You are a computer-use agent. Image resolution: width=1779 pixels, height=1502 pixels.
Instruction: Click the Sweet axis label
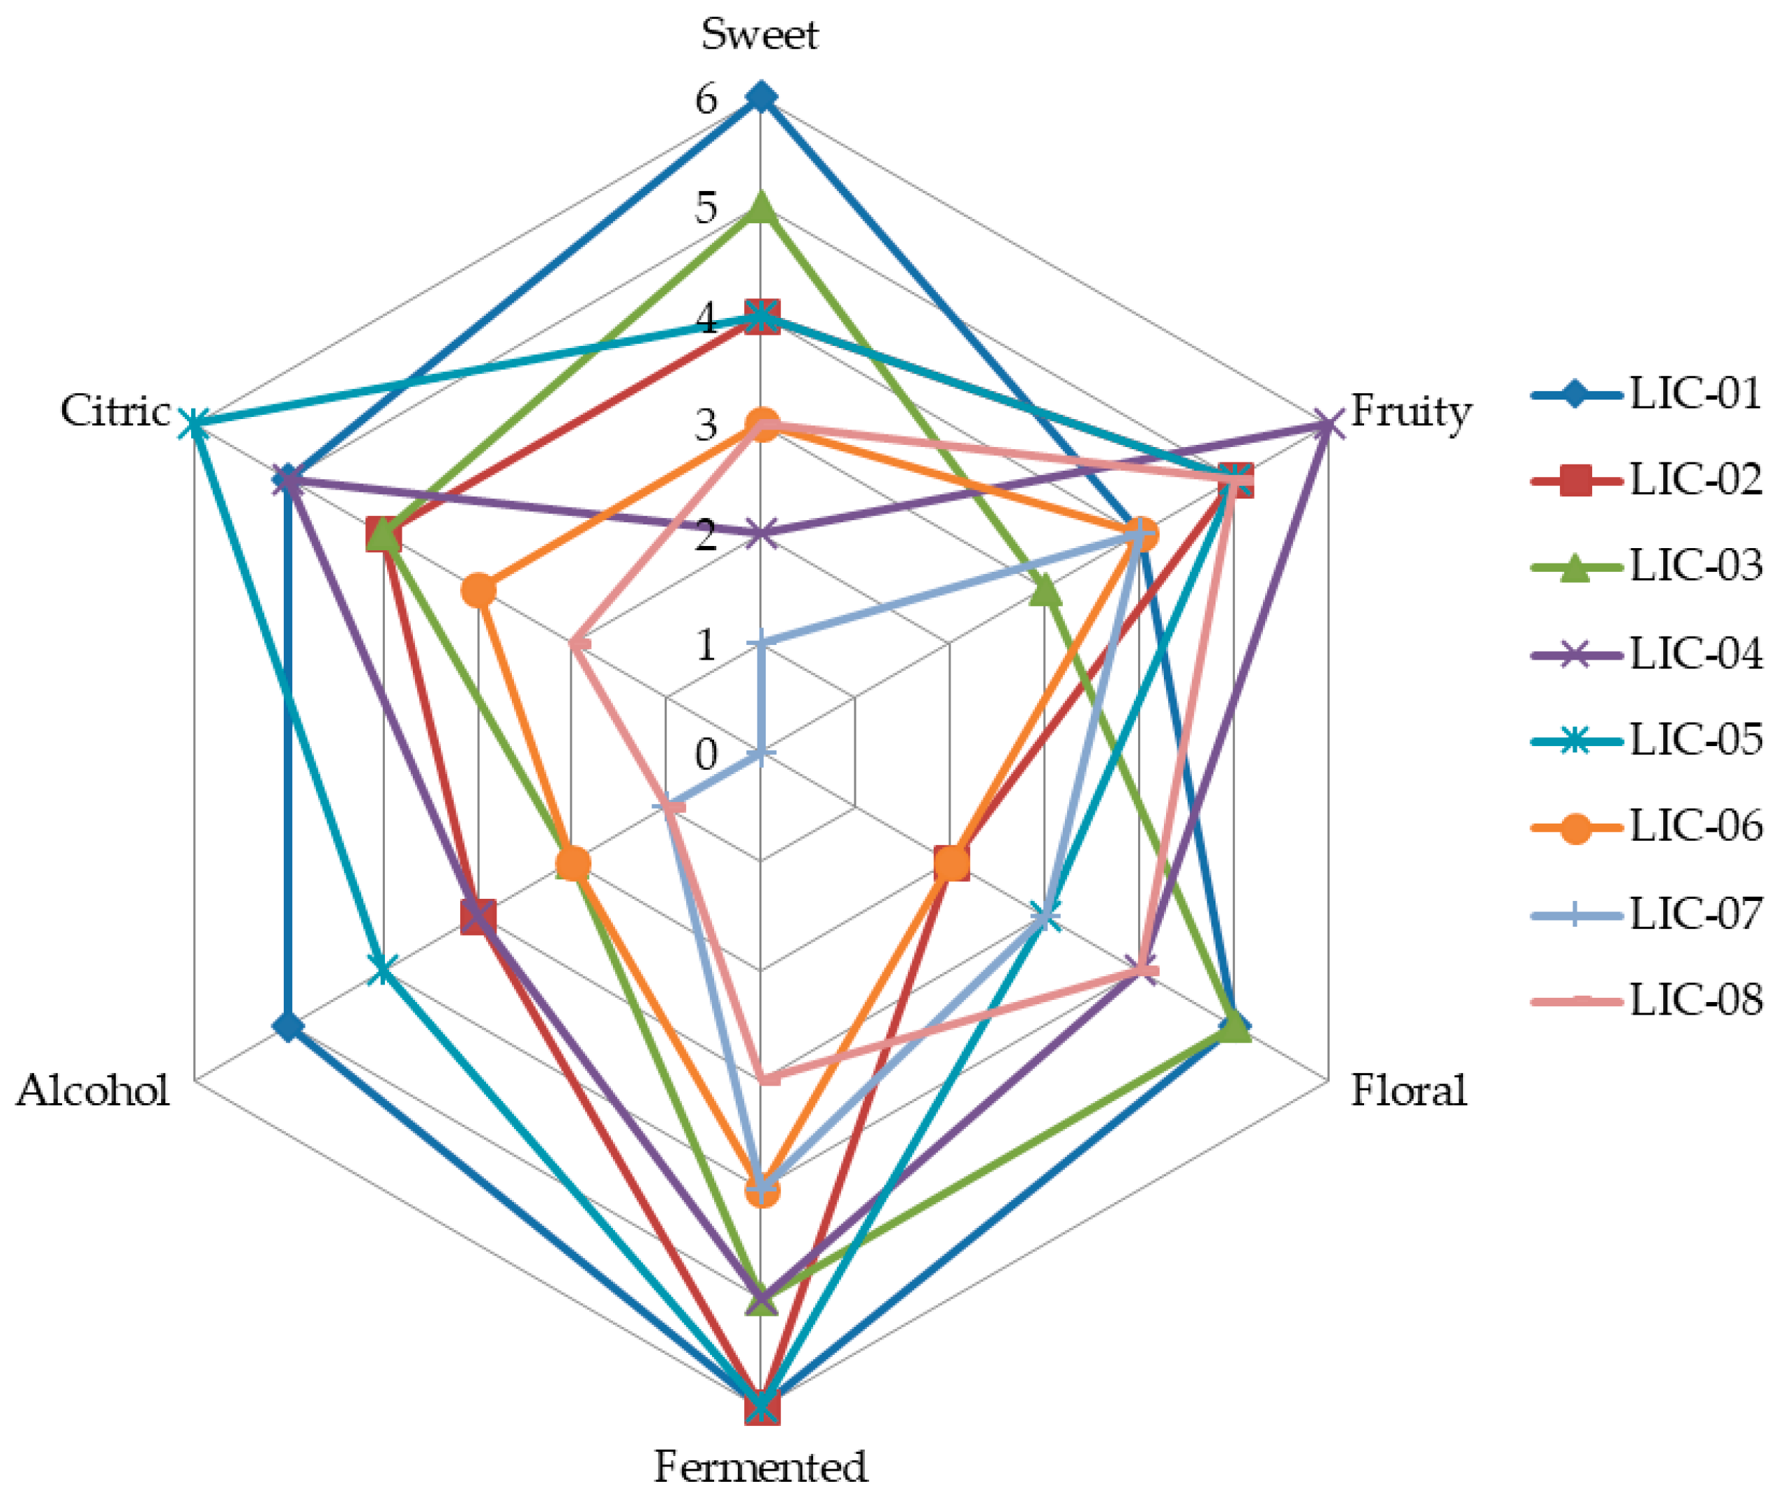click(759, 35)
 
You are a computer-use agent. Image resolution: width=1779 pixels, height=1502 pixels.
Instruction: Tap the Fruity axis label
click(1410, 412)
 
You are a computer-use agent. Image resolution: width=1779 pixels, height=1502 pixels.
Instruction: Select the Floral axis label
click(1409, 1091)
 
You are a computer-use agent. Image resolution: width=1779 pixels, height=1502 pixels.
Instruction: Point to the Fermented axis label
click(759, 1467)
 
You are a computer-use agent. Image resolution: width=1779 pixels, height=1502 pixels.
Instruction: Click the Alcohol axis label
click(93, 1091)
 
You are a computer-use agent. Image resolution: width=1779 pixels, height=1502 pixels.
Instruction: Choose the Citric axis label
click(115, 411)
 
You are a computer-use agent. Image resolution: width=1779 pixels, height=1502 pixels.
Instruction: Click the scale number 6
click(706, 100)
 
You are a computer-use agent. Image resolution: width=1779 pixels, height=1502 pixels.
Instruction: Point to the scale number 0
click(706, 754)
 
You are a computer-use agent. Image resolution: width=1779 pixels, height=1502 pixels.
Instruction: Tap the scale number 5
click(706, 208)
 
